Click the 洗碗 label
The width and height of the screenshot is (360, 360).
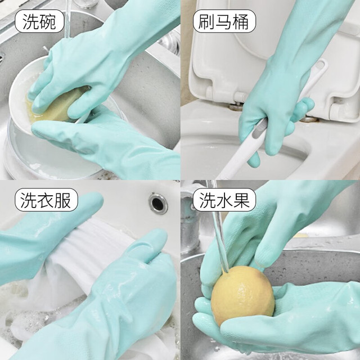(x=39, y=21)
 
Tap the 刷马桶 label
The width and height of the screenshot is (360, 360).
(x=224, y=21)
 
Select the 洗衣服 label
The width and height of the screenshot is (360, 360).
(x=46, y=200)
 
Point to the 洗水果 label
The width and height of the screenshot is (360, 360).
(x=224, y=200)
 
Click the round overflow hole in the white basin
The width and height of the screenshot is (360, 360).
(x=158, y=204)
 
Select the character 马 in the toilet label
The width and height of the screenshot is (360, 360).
(x=224, y=21)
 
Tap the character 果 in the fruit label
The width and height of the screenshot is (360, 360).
(x=241, y=200)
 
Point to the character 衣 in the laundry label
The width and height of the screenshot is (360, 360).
(x=46, y=200)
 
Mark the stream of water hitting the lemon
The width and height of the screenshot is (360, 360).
(x=220, y=241)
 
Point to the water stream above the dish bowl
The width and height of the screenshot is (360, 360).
(x=67, y=20)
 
